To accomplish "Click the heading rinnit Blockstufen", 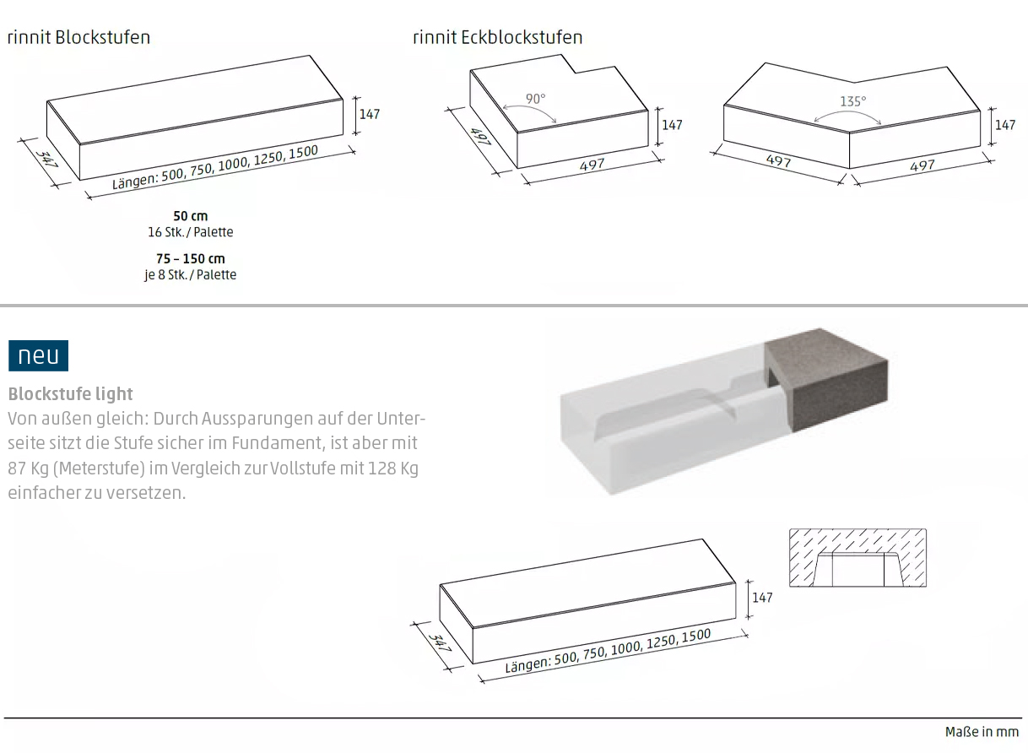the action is coord(79,37).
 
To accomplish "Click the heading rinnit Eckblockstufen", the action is coord(498,37).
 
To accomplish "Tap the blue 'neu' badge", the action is coord(39,355).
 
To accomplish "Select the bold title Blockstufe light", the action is coord(71,394).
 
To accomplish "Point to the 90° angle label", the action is coord(536,99).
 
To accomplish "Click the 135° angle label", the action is coord(853,101).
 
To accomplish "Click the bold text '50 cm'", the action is coord(191,216).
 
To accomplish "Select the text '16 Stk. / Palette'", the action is coord(191,232).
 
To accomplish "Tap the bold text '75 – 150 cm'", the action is coord(191,258).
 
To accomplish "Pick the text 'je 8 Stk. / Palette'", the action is coord(191,274).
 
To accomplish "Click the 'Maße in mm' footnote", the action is coord(982,731).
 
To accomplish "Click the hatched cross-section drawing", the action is coord(858,558).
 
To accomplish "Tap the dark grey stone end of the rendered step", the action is coord(826,379).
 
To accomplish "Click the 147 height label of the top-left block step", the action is coord(370,114).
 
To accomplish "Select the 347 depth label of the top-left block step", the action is coord(46,159).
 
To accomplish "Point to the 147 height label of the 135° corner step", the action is coord(1005,125).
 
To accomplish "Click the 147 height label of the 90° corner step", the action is coord(672,125).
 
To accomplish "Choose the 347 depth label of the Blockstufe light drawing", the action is coord(440,643).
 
